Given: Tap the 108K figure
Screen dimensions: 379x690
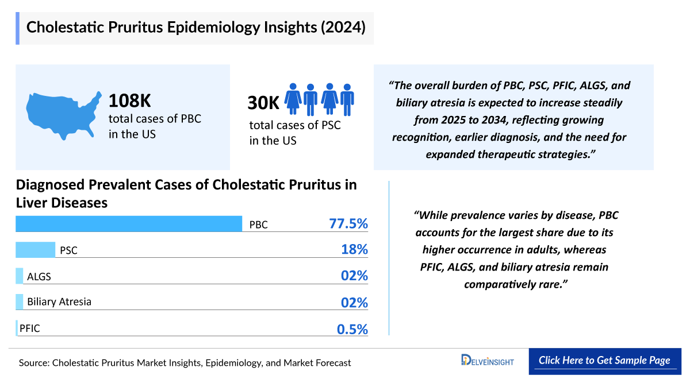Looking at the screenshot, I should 130,102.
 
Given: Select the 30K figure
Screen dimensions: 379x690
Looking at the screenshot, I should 263,103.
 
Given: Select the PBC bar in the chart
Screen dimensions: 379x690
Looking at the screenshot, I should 129,224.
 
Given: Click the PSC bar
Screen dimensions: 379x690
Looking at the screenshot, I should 35,250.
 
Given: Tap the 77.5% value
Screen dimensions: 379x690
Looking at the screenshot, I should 348,224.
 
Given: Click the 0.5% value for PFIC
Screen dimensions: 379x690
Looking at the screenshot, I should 352,329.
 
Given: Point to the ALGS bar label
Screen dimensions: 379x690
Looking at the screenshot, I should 39,276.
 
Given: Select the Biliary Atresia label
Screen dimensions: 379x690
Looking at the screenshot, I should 59,301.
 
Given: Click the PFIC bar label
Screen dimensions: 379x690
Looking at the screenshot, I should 29,328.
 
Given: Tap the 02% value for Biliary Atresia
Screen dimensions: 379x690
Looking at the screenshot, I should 354,302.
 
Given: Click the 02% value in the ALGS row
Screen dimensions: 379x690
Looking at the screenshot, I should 354,276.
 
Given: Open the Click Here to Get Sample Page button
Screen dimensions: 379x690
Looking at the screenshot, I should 604,361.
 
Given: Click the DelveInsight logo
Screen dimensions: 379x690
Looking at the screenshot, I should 487,361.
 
